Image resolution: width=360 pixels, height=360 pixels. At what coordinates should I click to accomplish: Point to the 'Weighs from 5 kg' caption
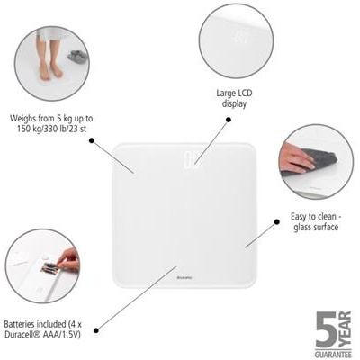pyautogui.click(x=52, y=123)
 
